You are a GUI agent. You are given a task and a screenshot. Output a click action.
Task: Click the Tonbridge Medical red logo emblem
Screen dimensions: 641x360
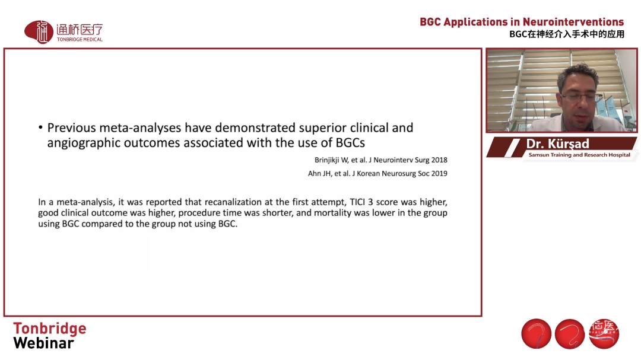click(39, 32)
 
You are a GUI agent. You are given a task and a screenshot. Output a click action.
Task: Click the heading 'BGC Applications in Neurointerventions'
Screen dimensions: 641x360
click(522, 22)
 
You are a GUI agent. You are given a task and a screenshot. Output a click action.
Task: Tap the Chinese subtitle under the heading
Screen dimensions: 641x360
click(567, 34)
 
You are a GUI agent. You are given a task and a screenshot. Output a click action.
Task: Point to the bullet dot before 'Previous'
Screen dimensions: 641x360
click(40, 128)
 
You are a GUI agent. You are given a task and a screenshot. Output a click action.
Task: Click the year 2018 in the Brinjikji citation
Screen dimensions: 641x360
click(439, 160)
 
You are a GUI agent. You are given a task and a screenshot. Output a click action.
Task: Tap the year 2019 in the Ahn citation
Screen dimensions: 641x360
click(439, 173)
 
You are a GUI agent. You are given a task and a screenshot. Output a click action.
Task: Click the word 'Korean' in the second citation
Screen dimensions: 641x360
click(369, 173)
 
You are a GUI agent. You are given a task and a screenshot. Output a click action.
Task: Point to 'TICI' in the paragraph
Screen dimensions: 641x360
click(357, 202)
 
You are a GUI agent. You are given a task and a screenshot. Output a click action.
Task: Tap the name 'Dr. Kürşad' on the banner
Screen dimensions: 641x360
click(557, 144)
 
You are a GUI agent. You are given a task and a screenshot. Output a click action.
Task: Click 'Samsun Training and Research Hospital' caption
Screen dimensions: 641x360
click(579, 155)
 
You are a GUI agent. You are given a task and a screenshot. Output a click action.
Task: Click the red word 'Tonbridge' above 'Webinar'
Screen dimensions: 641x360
click(50, 329)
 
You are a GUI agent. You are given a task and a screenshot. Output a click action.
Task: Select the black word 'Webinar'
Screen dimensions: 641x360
click(44, 343)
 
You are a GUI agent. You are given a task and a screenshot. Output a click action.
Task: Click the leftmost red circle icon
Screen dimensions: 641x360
click(537, 334)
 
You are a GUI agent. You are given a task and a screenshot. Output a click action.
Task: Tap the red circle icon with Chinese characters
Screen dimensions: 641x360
click(604, 334)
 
